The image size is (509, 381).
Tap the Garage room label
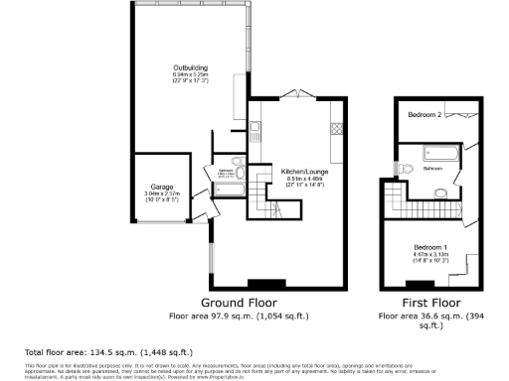coord(162,187)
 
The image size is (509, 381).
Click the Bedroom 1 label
coord(430,245)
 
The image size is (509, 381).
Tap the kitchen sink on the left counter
coord(254,127)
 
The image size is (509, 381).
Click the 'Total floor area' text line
coord(108,352)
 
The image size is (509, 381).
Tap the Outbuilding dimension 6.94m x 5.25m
coord(189,76)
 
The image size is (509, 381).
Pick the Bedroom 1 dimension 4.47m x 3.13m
coord(430,254)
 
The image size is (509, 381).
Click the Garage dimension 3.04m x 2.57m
coord(162,194)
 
